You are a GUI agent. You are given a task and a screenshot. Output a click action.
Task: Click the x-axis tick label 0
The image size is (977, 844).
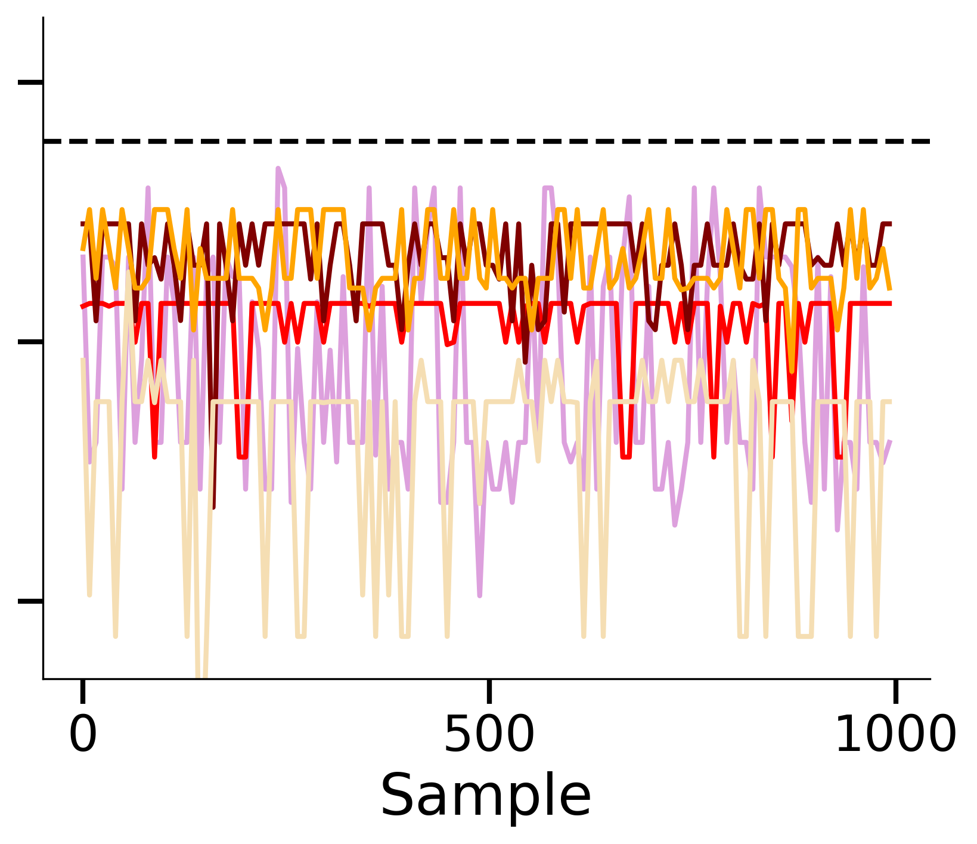coord(82,735)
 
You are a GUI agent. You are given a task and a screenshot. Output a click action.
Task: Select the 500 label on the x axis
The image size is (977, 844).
coord(489,735)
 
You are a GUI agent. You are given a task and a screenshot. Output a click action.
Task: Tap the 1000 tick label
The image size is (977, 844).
coord(895,735)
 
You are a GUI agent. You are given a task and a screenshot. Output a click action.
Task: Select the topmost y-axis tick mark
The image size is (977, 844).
coord(30,82)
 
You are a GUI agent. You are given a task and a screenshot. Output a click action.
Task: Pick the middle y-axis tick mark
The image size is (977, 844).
coord(30,342)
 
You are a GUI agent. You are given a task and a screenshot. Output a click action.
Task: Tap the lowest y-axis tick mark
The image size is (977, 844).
coord(30,601)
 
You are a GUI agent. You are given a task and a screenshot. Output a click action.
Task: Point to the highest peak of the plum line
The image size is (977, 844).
coord(278,169)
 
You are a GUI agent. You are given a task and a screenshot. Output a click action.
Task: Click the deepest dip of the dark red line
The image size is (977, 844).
coord(213,508)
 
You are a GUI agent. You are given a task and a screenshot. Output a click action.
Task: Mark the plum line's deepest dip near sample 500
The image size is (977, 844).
coord(480,595)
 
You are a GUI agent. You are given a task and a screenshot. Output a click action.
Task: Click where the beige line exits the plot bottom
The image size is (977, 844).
coord(201,678)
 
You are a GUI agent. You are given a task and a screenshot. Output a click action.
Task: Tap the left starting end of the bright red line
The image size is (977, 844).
coord(82,307)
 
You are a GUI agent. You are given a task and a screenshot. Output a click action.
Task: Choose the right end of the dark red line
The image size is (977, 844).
coord(891,224)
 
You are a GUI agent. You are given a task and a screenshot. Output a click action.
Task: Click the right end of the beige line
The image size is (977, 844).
coord(891,402)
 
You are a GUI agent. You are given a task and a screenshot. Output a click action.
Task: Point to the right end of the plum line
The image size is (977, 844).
coord(891,441)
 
